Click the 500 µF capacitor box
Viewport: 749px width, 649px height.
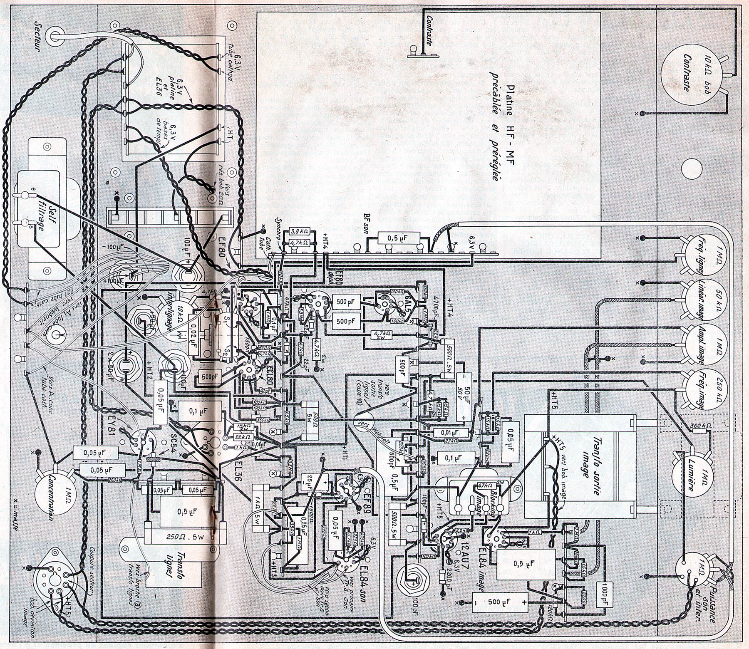pyautogui.click(x=501, y=602)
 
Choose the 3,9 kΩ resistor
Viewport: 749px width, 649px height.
pyautogui.click(x=299, y=231)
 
